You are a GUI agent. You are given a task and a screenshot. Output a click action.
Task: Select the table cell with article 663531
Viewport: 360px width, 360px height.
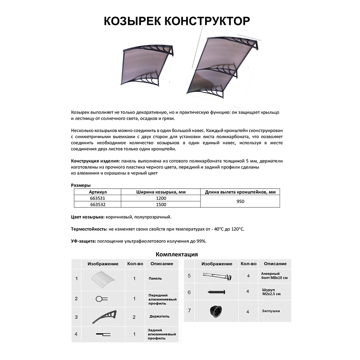tap(97, 198)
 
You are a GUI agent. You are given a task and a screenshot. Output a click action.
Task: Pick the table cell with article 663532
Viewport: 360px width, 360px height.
tap(97, 204)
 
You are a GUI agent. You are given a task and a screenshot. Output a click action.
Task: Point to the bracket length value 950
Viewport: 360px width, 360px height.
tap(240, 201)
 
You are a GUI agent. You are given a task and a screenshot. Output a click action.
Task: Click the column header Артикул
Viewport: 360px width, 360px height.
tap(98, 192)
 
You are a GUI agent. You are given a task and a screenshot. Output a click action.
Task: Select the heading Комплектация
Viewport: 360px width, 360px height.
tap(176, 254)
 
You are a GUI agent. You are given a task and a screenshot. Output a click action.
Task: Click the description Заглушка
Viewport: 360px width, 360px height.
tap(271, 311)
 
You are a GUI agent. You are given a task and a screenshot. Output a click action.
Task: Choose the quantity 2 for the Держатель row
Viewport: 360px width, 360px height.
tap(134, 317)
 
